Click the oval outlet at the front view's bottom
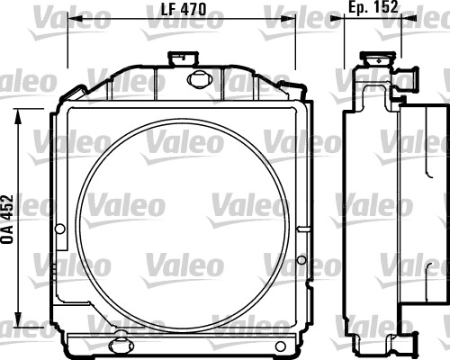point(119,343)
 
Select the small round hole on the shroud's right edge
point(301,262)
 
